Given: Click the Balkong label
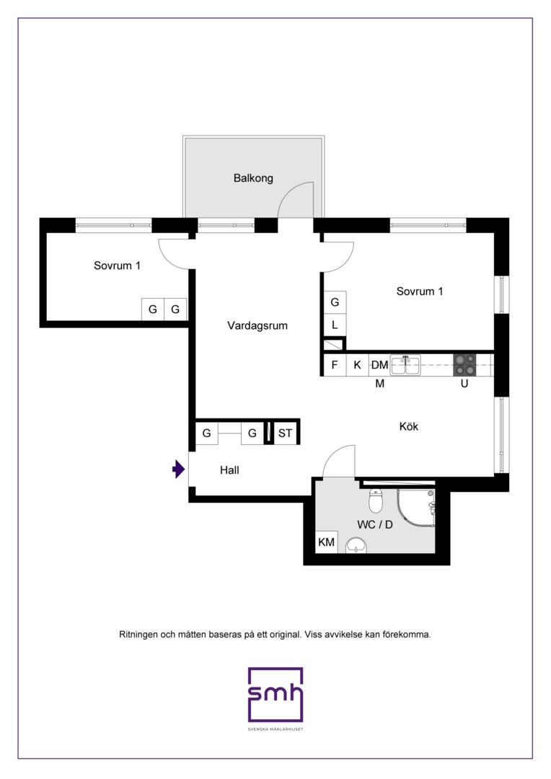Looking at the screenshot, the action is (x=253, y=178).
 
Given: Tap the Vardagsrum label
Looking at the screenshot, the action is (x=257, y=326).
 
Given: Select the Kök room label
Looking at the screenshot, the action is (x=408, y=426).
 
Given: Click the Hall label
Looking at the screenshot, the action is (x=229, y=470).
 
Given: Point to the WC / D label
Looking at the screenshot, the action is (x=374, y=524).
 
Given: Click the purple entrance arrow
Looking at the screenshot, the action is (x=178, y=469).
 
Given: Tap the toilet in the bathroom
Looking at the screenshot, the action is (x=375, y=501).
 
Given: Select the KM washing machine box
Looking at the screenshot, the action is (x=326, y=542).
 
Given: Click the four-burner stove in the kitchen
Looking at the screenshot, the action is (x=464, y=365).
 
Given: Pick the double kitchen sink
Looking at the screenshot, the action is (x=405, y=364).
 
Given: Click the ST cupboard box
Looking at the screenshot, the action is (x=285, y=433).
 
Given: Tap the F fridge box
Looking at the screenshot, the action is (x=335, y=365).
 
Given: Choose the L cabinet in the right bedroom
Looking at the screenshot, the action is (x=335, y=325).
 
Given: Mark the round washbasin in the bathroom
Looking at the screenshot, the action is (x=356, y=545).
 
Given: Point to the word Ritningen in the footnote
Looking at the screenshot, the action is (x=138, y=635).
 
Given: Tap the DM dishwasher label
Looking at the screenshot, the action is (x=379, y=365).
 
